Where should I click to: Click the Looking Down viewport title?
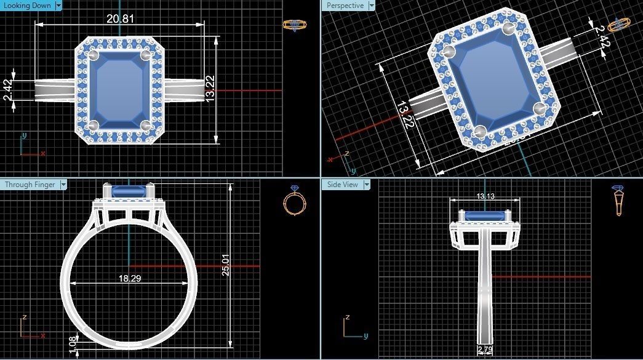pyautogui.click(x=27, y=6)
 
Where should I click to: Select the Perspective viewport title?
pyautogui.click(x=345, y=6)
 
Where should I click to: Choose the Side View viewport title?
pyautogui.click(x=342, y=184)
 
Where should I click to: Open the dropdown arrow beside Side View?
pyautogui.click(x=367, y=184)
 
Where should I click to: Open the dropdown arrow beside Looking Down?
pyautogui.click(x=58, y=6)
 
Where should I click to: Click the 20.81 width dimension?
pyautogui.click(x=120, y=19)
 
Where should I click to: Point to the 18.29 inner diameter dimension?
pyautogui.click(x=129, y=278)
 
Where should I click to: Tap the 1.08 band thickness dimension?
pyautogui.click(x=73, y=345)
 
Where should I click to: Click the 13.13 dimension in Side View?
pyautogui.click(x=485, y=196)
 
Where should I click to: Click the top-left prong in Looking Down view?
pyautogui.click(x=94, y=55)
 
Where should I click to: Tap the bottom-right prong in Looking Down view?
pyautogui.click(x=146, y=125)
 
